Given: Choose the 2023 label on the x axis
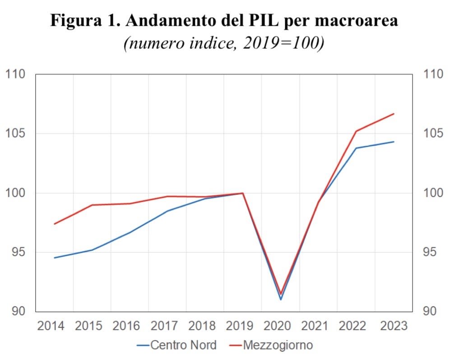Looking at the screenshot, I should click(x=394, y=326).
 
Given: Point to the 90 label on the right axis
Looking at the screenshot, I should click(x=429, y=311).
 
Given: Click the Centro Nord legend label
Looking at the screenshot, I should click(x=183, y=346).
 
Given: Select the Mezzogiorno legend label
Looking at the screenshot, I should click(x=278, y=346).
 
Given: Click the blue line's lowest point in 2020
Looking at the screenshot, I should click(x=281, y=300).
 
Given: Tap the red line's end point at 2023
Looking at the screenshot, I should click(x=394, y=114).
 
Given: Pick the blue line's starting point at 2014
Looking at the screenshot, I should click(x=54, y=258).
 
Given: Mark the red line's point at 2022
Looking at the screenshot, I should click(x=356, y=131).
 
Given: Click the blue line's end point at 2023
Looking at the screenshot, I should click(x=394, y=142).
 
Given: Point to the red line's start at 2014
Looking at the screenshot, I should click(x=54, y=224).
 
